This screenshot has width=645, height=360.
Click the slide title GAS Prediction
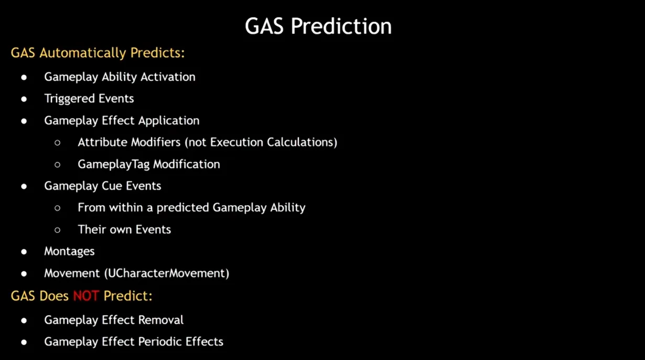(x=318, y=26)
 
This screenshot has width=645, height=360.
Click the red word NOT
(x=86, y=296)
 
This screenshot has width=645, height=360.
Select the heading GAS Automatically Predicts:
(x=98, y=53)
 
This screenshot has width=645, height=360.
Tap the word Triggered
(x=69, y=99)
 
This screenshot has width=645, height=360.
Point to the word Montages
(x=69, y=251)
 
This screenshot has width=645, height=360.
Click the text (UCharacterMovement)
(x=167, y=273)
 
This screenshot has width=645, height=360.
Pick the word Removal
(x=160, y=320)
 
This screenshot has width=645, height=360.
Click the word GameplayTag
(x=114, y=164)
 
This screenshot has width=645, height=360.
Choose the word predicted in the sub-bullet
(x=182, y=208)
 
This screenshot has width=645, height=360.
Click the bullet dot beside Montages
(x=24, y=252)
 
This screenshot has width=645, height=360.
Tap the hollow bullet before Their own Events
(x=57, y=230)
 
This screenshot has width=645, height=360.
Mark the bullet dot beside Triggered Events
(x=24, y=99)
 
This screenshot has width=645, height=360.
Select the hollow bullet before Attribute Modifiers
(x=57, y=143)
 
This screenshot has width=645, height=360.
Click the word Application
(x=169, y=121)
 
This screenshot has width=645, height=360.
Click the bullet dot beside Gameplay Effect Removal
(x=24, y=321)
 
